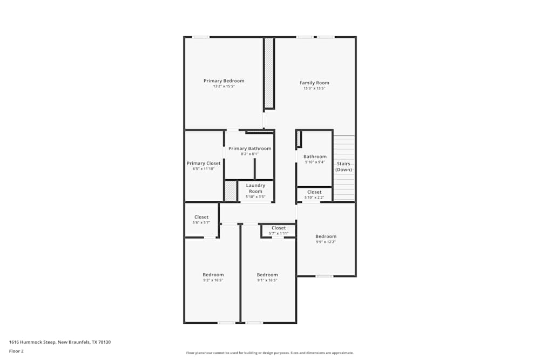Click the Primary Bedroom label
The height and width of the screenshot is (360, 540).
(224, 81)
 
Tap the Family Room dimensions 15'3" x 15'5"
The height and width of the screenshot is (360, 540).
(314, 88)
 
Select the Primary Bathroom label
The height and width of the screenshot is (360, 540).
(249, 148)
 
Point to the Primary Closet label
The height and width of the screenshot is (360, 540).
(204, 164)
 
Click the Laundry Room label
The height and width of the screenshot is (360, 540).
(255, 188)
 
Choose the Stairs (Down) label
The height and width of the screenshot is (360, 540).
(343, 166)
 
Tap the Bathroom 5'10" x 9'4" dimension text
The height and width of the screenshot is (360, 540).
(314, 162)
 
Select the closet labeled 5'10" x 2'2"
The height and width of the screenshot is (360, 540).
(314, 194)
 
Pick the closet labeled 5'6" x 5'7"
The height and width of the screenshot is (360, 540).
(201, 220)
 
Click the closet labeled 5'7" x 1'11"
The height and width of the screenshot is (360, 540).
(279, 230)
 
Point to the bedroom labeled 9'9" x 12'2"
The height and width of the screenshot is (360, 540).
(326, 239)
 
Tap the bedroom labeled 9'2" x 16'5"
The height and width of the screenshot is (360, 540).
(213, 277)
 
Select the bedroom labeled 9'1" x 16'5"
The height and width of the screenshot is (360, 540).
(267, 277)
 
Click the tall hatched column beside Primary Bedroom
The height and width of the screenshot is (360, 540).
(268, 73)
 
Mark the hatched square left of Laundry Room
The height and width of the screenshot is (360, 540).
(231, 191)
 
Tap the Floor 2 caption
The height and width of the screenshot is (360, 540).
(16, 351)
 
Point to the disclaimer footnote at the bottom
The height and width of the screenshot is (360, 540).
(270, 353)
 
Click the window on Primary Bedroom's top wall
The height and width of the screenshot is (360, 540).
(201, 37)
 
